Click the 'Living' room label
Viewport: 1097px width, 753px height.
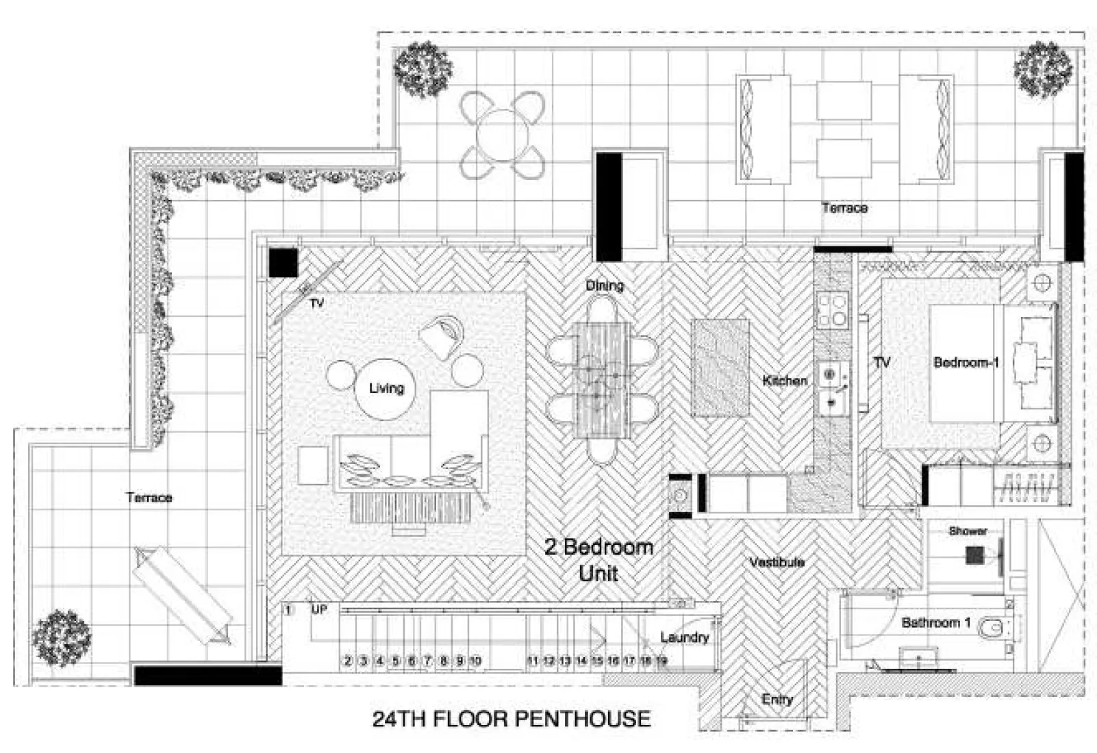point(386,388)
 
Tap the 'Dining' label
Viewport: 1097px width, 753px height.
point(605,285)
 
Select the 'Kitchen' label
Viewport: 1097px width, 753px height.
point(785,380)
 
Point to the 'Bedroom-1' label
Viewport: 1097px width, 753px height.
point(966,362)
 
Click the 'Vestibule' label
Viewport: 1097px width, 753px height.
point(777,562)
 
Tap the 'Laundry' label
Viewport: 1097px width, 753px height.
point(684,637)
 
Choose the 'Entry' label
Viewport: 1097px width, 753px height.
point(777,699)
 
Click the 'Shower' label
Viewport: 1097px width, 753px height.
point(968,531)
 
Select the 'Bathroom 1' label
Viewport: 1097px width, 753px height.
point(935,622)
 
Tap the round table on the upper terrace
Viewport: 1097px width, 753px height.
point(503,135)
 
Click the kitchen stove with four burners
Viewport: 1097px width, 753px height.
point(832,310)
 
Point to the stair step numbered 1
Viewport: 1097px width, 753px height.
point(289,610)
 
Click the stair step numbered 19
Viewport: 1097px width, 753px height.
point(661,661)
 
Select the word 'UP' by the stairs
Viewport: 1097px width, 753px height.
point(319,609)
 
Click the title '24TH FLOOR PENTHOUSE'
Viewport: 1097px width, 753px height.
point(511,719)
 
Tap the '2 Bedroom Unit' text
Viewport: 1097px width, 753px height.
point(598,559)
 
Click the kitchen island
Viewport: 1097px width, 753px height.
point(720,368)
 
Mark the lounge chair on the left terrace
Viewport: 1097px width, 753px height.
point(182,594)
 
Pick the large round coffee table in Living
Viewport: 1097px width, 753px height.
point(386,388)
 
